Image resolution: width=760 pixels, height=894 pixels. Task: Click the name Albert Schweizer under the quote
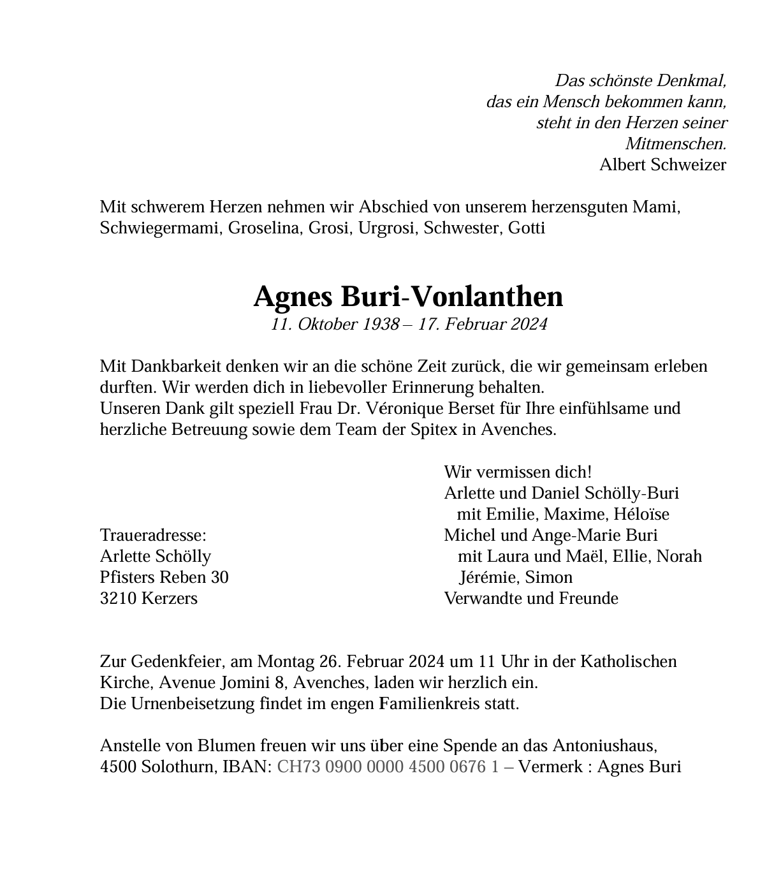point(662,165)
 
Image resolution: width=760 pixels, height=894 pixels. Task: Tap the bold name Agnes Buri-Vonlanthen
point(408,297)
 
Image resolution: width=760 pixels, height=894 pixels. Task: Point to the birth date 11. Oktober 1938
point(334,325)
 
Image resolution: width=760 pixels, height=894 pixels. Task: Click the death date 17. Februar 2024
point(483,325)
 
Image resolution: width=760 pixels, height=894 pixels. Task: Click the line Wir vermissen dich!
point(518,472)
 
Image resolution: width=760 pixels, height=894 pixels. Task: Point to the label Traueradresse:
point(153,535)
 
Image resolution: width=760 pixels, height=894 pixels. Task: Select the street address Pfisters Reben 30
point(164,577)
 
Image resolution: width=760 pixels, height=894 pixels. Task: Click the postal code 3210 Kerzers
point(149,598)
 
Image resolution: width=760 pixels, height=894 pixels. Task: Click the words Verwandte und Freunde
point(531,598)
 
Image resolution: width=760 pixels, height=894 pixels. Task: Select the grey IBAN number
point(388,766)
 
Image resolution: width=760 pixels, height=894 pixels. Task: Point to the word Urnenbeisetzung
point(193,703)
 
